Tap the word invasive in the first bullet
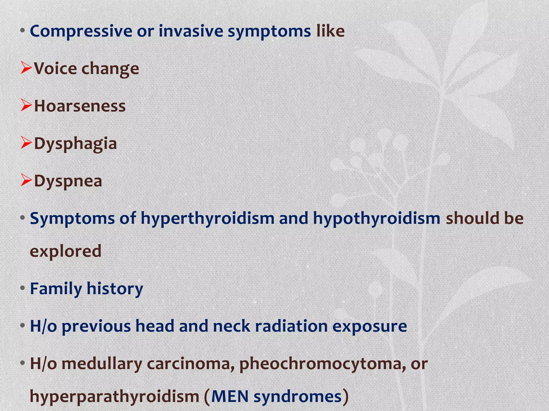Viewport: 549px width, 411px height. pos(191,31)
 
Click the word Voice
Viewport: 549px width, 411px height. pos(55,68)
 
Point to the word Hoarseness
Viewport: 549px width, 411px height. pos(80,106)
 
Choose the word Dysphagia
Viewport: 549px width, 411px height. pos(75,144)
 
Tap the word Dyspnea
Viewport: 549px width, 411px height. pos(68,181)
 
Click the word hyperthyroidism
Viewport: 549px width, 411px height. pos(207,219)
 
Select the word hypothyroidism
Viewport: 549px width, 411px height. pos(376,219)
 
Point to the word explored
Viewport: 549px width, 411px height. pos(66,252)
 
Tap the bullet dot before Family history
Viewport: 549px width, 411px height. pos(23,288)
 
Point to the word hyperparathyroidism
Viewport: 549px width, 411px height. pos(114,397)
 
